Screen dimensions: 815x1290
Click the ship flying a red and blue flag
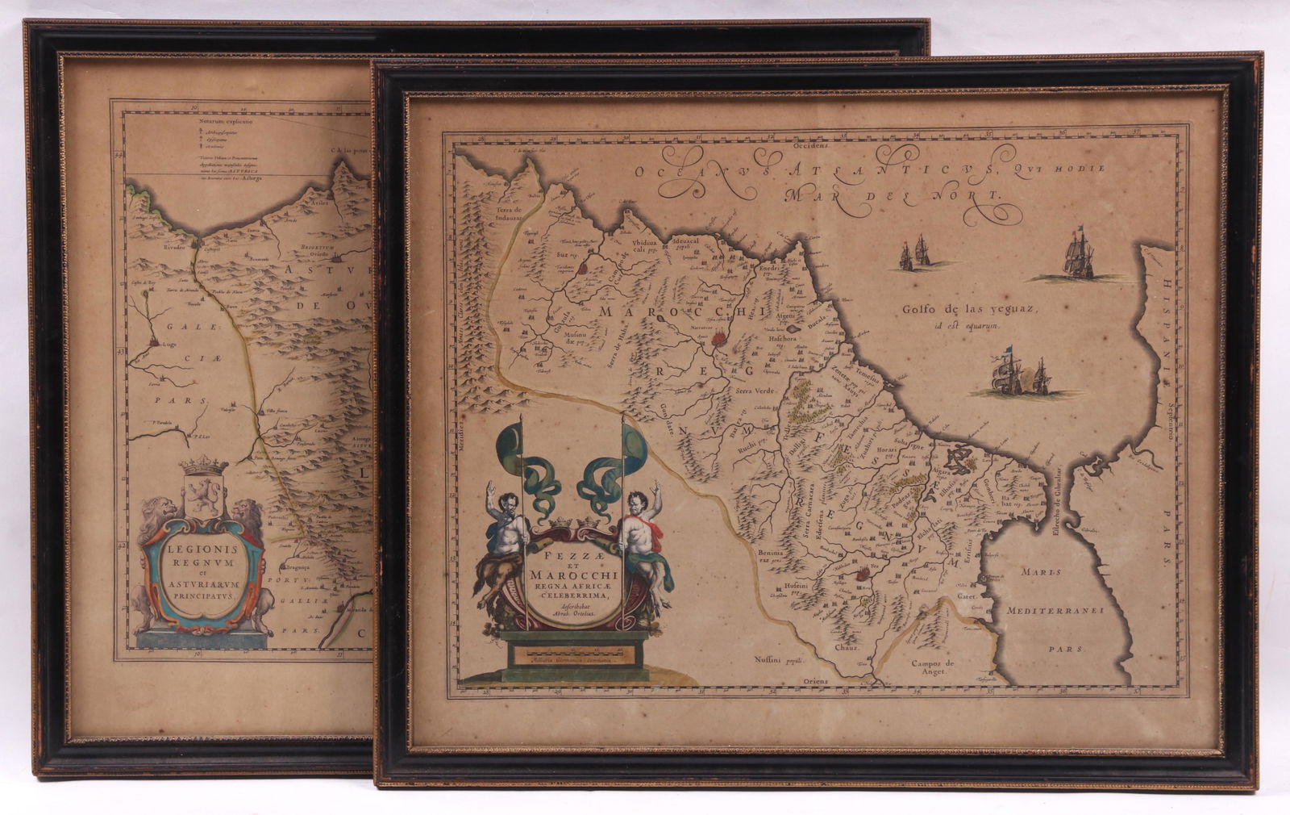coord(1077,253)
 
